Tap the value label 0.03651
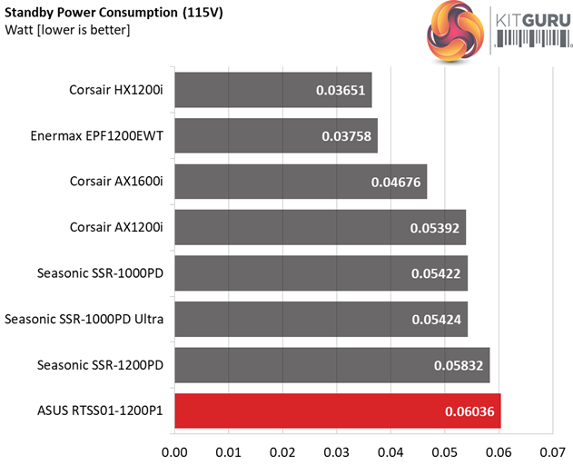click(341, 91)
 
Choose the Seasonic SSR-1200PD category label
click(100, 365)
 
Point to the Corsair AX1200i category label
click(115, 227)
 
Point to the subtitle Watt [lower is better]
click(67, 31)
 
